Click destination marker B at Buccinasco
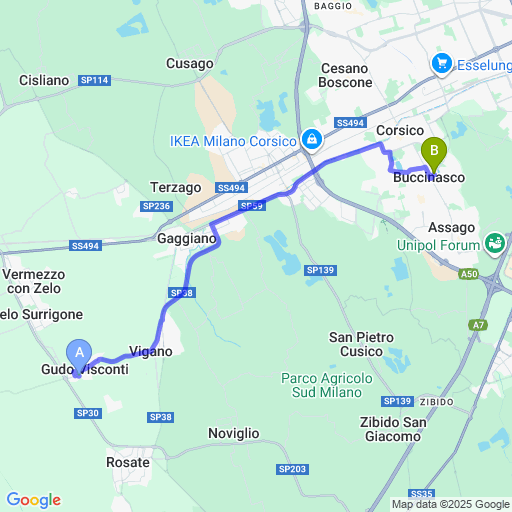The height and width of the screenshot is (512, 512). coord(434,155)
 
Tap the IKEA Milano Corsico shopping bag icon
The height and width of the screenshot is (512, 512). coord(312,138)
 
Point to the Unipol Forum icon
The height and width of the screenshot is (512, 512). coord(494,242)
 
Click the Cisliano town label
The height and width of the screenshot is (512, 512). coord(44,80)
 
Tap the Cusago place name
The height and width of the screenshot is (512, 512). coord(190,63)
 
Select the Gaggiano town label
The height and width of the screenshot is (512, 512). coord(186,239)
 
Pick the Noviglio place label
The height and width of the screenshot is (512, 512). coord(234,433)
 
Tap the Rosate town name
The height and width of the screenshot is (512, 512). coord(128,462)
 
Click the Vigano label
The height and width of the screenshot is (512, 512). coord(151,351)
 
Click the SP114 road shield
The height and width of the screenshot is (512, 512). coord(96,80)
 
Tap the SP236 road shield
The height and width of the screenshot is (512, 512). coord(157,206)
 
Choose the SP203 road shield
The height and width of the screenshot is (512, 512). coord(293,469)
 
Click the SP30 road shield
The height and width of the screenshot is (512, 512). coord(87,413)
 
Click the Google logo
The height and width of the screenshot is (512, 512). coord(33,500)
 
